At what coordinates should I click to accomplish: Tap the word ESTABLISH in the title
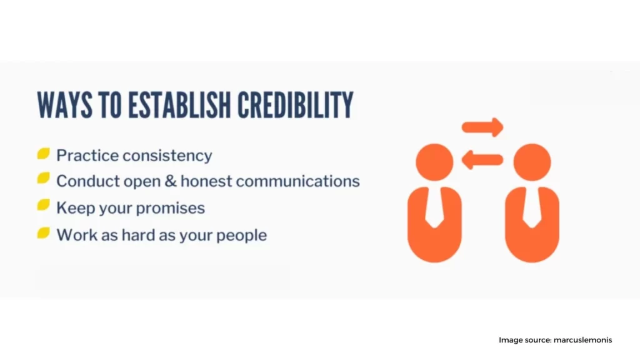pos(179,105)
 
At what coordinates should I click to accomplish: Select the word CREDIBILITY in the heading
pos(296,105)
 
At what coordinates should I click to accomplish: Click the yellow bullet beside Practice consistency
pos(43,154)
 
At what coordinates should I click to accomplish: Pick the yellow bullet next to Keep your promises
pos(43,205)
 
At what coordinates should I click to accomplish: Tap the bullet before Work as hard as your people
pos(43,232)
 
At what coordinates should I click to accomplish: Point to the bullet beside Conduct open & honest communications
pos(43,178)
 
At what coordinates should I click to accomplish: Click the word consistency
pos(167,156)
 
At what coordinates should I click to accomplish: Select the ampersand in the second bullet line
pos(171,181)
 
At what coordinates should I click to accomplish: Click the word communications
pos(298,181)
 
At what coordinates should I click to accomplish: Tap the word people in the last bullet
pos(242,236)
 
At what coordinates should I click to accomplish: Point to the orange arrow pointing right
pos(482,127)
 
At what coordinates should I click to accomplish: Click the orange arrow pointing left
pos(482,159)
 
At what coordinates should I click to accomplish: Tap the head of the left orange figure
pos(434,162)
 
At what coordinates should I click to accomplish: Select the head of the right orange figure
pos(532,162)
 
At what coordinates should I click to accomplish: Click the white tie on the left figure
pos(434,208)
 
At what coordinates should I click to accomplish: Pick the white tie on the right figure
pos(532,208)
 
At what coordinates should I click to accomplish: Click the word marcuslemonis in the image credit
pos(583,340)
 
